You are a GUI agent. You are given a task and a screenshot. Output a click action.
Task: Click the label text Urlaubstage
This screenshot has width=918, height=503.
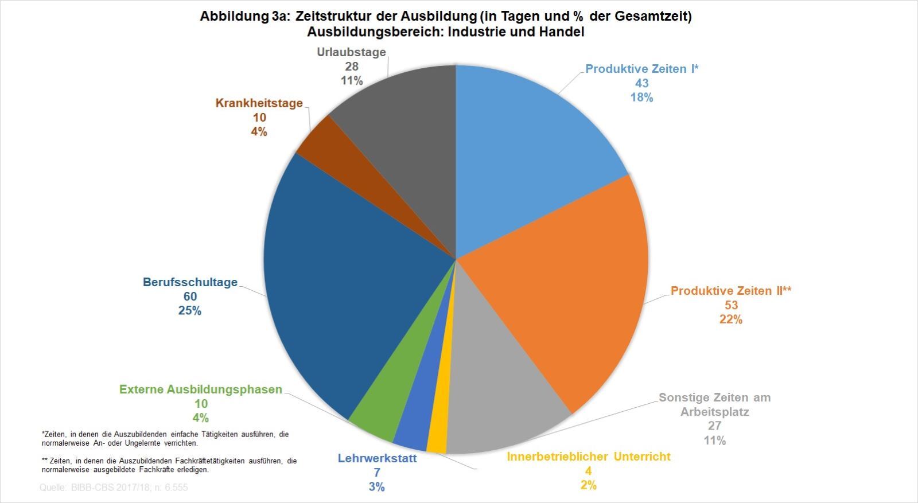pyautogui.click(x=351, y=52)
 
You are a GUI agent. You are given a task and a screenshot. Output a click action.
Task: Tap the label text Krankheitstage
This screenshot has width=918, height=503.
pyautogui.click(x=259, y=103)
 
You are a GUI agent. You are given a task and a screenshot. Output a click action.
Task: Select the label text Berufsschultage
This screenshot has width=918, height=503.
pyautogui.click(x=190, y=282)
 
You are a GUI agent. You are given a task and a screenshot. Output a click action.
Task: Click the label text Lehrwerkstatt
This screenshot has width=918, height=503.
pyautogui.click(x=377, y=458)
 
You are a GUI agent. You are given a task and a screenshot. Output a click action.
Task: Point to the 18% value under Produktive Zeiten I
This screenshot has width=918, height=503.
pyautogui.click(x=641, y=98)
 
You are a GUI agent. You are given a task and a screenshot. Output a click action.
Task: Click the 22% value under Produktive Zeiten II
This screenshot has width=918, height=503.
pyautogui.click(x=731, y=319)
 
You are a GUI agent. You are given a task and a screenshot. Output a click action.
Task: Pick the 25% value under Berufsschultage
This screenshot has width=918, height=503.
pyautogui.click(x=190, y=311)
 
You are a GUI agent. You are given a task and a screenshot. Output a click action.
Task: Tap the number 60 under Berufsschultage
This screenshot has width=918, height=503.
pyautogui.click(x=190, y=297)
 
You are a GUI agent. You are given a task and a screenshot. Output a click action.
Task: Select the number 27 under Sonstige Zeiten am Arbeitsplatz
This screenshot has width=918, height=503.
pyautogui.click(x=714, y=426)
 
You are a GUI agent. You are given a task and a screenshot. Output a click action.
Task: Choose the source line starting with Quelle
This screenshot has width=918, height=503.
pyautogui.click(x=114, y=488)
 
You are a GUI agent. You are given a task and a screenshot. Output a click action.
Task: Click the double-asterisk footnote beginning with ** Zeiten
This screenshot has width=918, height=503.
pyautogui.click(x=169, y=465)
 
